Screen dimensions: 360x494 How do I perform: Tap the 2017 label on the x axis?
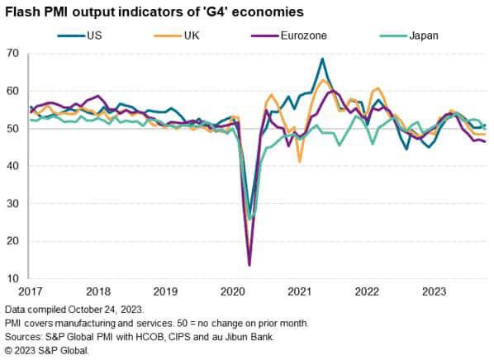click(x=30, y=291)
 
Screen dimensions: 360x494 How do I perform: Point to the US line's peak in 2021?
click(x=321, y=59)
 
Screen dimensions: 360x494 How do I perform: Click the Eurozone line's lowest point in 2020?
click(x=249, y=265)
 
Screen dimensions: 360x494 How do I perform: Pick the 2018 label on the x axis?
click(x=97, y=291)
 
